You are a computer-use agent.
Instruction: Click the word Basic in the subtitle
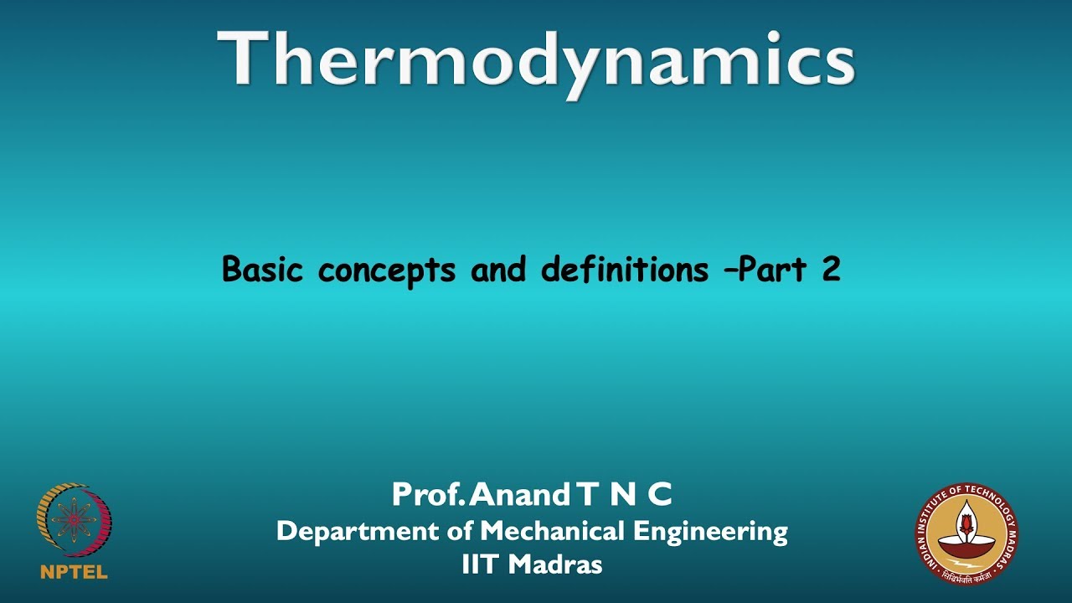(262, 270)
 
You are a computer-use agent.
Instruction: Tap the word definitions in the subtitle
(625, 270)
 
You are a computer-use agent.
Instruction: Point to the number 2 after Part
(830, 270)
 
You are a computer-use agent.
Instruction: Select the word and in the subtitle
(500, 270)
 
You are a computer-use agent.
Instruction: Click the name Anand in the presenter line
(519, 496)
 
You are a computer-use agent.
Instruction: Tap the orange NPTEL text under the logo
(74, 573)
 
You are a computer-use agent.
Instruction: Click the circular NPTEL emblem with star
(74, 521)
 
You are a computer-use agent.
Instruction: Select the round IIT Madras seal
(966, 531)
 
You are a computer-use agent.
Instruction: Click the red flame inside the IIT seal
(966, 523)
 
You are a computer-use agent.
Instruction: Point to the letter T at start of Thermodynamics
(244, 59)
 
